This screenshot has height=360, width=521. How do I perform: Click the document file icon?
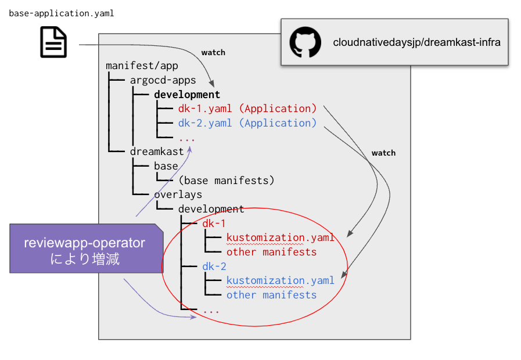coord(53,43)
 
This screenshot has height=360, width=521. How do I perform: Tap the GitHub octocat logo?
coord(305,42)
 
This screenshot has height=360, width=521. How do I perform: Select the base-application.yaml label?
coord(61,13)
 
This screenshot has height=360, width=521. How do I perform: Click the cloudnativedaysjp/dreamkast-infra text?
coord(416,42)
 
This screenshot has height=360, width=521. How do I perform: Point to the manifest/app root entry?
coord(142,66)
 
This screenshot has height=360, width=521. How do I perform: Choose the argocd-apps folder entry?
coord(163,80)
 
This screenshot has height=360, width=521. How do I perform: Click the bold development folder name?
coord(187,94)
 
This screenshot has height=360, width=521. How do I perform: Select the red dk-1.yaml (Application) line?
coord(247,109)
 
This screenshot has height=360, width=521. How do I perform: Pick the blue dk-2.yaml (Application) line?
coord(247,123)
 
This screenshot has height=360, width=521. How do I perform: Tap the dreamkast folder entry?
coord(157,152)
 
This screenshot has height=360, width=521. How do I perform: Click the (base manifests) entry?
coord(227,180)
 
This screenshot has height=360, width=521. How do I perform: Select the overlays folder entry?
coord(178,195)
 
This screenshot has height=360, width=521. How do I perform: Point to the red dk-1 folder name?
coord(214,224)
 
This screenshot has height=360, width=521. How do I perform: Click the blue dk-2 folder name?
coord(214,267)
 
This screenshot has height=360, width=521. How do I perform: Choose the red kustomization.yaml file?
coord(281,237)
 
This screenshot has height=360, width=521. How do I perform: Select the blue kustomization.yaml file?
coord(281,280)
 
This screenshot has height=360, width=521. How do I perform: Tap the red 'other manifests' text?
coord(272,252)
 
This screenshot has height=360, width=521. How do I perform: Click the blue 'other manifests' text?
coord(272,295)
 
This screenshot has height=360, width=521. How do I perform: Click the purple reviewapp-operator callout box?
coord(85,250)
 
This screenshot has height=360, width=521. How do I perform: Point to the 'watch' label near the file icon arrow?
coord(213,52)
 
